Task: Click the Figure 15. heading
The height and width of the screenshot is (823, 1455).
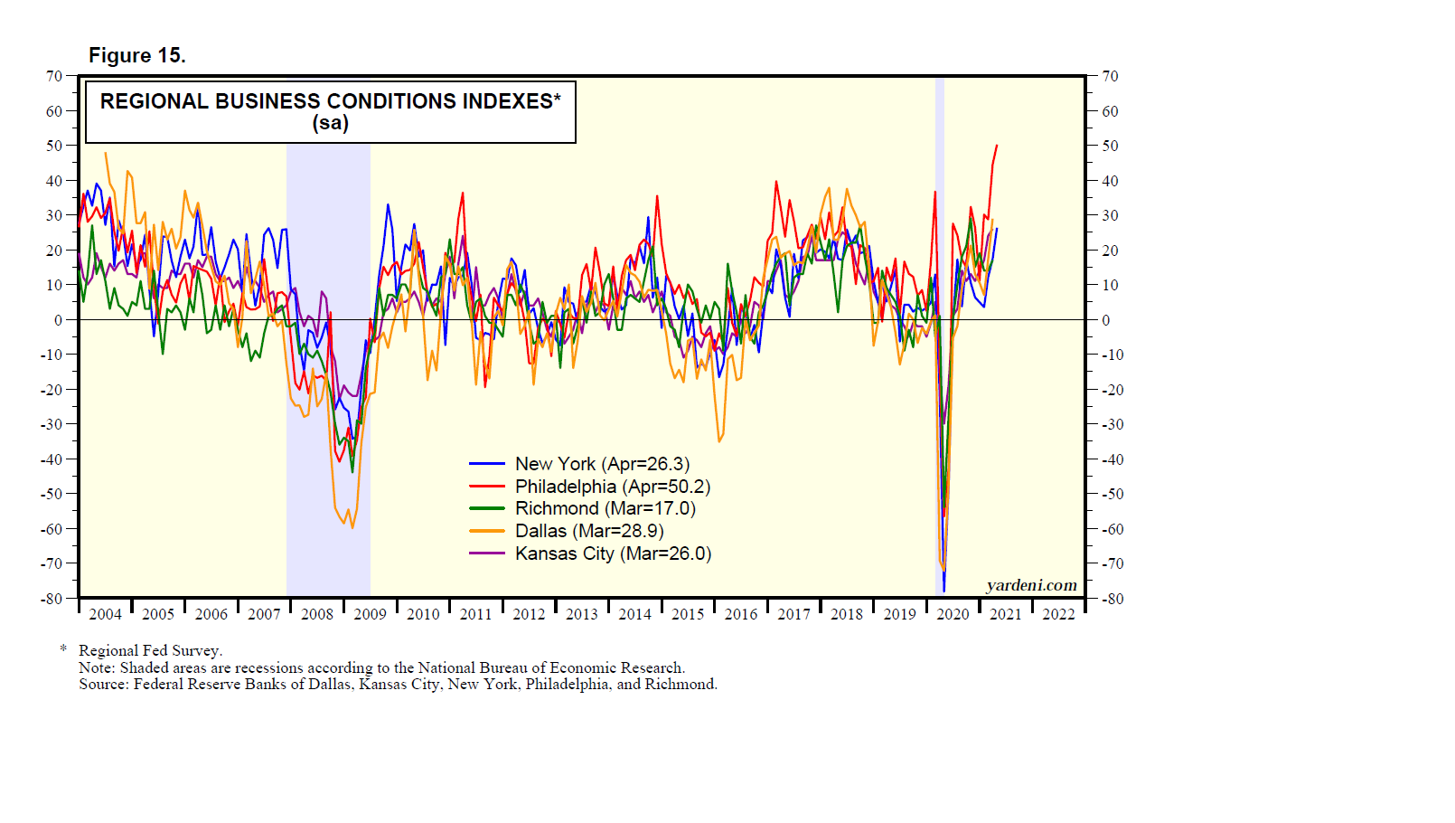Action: tap(136, 56)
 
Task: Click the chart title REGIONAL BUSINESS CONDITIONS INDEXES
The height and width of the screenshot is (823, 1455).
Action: tap(330, 101)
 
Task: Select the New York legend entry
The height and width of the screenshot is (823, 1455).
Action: tap(602, 464)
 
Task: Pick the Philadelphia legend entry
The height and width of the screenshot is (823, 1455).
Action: tap(612, 487)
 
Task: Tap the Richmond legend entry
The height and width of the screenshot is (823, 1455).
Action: tap(605, 508)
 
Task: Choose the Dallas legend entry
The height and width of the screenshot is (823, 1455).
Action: tap(589, 531)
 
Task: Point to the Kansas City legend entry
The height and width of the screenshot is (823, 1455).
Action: tap(613, 553)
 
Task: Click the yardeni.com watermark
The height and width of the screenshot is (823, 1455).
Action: tap(1031, 585)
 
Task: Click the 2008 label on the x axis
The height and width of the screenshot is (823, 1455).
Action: tap(317, 614)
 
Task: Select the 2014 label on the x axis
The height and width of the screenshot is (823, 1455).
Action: tap(634, 614)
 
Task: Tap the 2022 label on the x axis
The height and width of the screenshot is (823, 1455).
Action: tap(1058, 614)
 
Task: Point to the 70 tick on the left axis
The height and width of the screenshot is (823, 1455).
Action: tap(54, 76)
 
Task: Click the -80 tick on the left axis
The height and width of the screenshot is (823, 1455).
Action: tap(52, 599)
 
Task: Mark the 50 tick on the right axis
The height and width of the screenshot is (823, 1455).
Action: tap(1110, 146)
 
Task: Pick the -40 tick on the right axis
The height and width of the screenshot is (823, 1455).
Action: tap(1112, 459)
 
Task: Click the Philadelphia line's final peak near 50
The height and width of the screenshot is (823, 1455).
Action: tap(997, 146)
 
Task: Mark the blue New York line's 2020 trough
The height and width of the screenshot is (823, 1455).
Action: tap(943, 591)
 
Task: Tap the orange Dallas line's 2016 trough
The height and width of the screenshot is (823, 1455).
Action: tap(719, 441)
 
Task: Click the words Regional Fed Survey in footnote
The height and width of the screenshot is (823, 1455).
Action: tap(150, 650)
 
